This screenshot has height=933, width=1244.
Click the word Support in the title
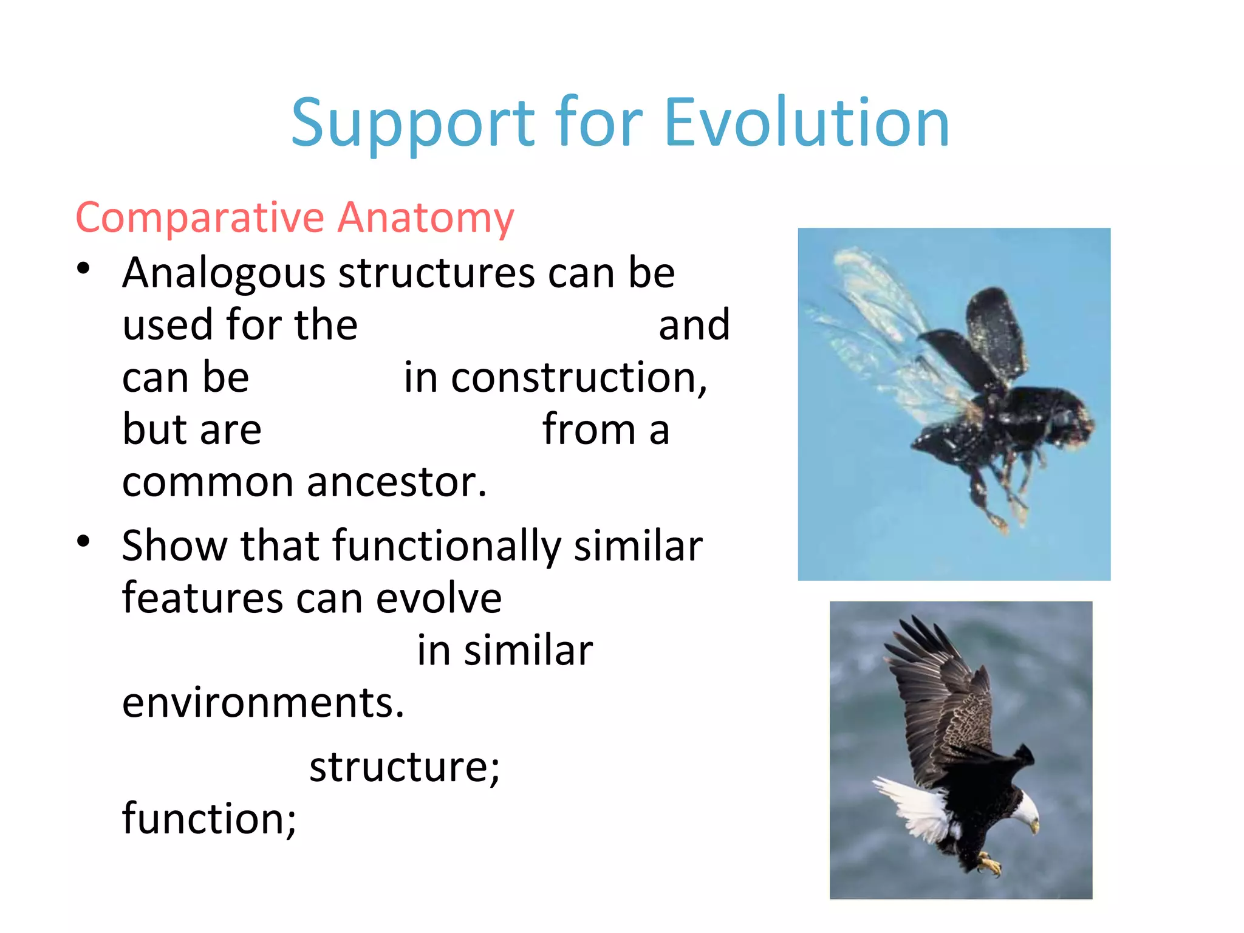point(413,125)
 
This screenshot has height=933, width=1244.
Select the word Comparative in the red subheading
point(200,217)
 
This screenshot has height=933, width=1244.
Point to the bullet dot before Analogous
point(84,268)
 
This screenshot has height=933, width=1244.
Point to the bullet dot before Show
point(84,541)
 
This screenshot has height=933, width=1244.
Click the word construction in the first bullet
point(578,378)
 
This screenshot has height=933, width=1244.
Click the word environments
point(262,703)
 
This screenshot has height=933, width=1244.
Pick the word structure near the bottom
point(404,767)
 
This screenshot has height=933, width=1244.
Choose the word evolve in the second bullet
point(439,598)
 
